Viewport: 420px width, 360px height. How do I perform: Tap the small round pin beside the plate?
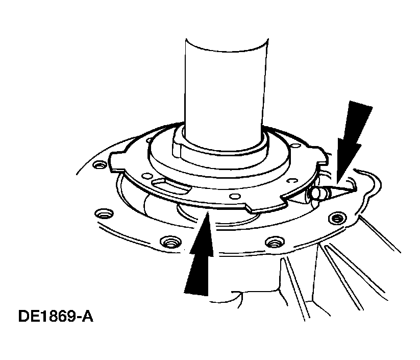317,193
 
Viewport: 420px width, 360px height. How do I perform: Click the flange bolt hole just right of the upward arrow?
274,242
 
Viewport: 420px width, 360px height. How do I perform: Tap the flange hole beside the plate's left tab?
97,165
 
